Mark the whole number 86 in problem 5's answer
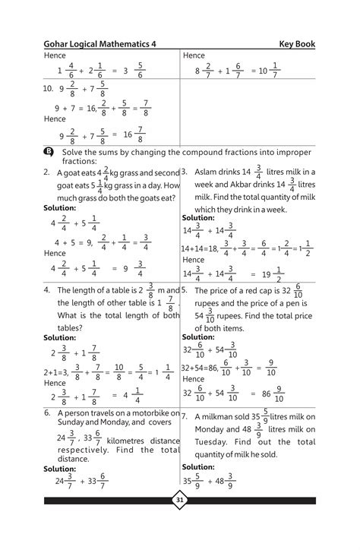[267, 394]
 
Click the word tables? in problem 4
[58, 327]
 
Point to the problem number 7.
[185, 417]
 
